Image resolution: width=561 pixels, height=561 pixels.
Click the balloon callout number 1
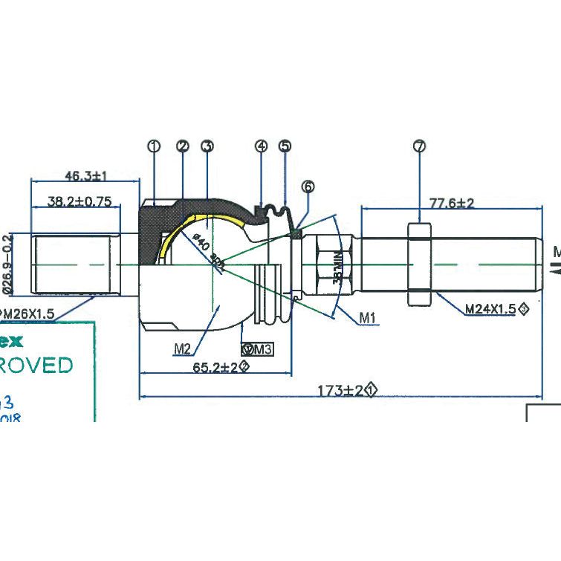pos(154,146)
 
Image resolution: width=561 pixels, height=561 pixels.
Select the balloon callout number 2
pos(183,146)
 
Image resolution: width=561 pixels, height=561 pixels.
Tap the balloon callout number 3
pos(207,146)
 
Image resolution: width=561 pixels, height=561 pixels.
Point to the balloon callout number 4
pos(261,146)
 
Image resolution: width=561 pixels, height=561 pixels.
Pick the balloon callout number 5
pos(285,146)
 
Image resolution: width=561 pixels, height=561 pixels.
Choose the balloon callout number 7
pos(419,146)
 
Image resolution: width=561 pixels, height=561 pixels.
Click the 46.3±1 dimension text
pos(86,176)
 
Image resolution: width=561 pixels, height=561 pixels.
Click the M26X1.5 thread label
pos(27,314)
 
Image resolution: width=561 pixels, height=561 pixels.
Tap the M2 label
pos(183,347)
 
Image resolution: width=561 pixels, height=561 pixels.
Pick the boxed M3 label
pos(258,348)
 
